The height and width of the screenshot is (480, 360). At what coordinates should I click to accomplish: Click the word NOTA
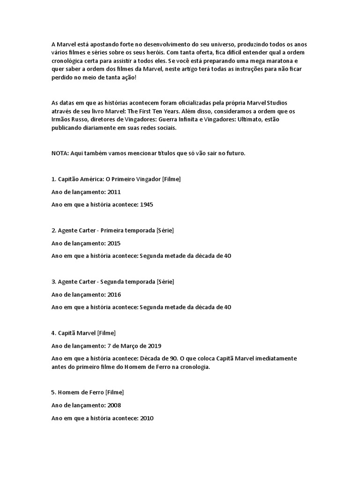pos(59,153)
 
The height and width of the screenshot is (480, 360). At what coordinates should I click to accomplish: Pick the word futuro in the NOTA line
pos(234,153)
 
